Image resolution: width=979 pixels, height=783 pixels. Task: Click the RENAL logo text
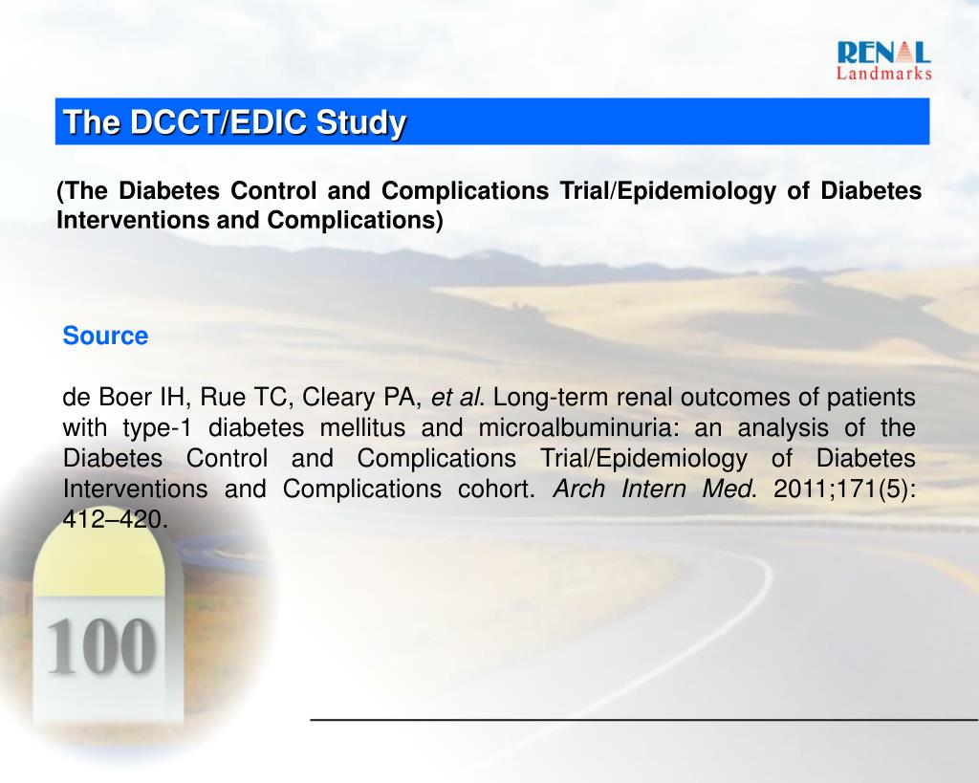coord(882,53)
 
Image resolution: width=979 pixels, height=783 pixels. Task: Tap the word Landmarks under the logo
coord(883,74)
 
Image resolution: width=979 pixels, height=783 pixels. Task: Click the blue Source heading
coord(105,337)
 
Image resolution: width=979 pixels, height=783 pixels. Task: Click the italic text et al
coord(459,397)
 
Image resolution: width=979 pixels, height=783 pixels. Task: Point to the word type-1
coord(152,427)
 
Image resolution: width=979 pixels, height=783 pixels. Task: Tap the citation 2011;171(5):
coord(844,489)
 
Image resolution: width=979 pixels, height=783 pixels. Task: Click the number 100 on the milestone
coord(99,646)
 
